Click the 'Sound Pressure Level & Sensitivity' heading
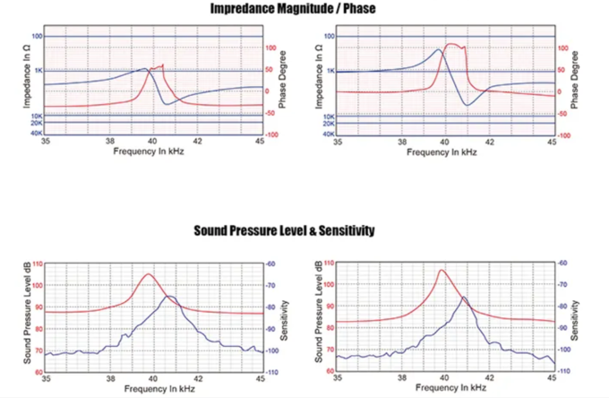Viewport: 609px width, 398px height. pyautogui.click(x=284, y=230)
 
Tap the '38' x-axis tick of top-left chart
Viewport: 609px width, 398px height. pyautogui.click(x=109, y=142)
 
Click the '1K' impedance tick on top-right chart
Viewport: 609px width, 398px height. pyautogui.click(x=330, y=71)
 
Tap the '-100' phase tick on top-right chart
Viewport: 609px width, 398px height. pyautogui.click(x=564, y=134)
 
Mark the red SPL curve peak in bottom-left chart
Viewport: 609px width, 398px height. pyautogui.click(x=149, y=274)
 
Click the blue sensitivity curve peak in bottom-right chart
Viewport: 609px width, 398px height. pyautogui.click(x=463, y=298)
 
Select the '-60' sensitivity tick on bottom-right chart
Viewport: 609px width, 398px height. pyautogui.click(x=562, y=264)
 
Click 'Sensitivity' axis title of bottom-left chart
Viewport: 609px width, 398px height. pyautogui.click(x=283, y=318)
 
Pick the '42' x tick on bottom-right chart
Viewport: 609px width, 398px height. pyautogui.click(x=489, y=379)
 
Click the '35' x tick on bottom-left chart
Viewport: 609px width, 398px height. pyautogui.click(x=46, y=379)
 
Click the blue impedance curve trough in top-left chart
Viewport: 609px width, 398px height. pyautogui.click(x=166, y=104)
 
